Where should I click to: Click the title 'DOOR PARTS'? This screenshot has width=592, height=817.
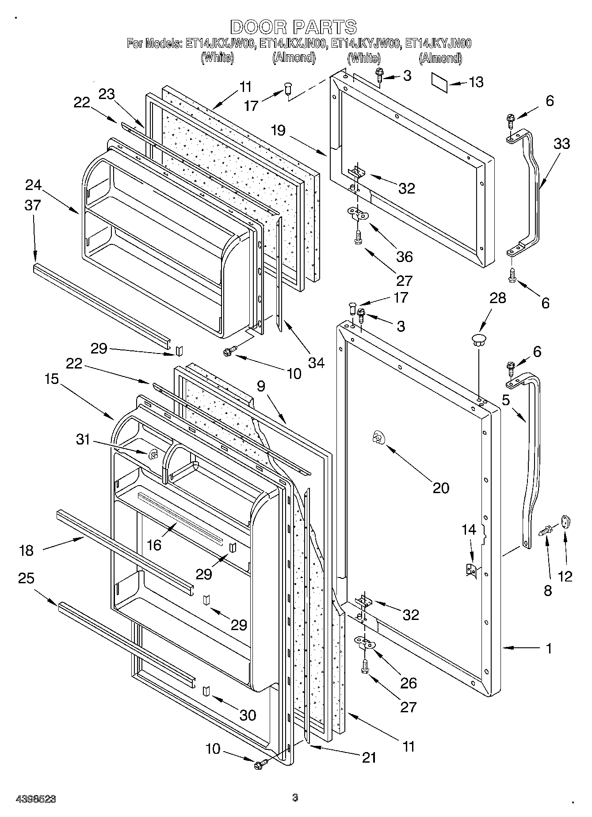coord(293,27)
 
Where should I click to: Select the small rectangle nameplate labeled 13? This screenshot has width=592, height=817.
coord(440,83)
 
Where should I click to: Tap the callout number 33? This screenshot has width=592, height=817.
coord(561,144)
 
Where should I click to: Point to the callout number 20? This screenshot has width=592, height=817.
coord(441,488)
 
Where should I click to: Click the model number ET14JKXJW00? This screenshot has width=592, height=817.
coord(219,44)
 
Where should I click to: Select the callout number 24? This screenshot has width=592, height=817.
coord(33,185)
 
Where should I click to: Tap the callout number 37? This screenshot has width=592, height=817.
coord(33,205)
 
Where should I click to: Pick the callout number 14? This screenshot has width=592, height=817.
coord(469,529)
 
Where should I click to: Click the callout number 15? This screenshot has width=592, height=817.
coord(52,379)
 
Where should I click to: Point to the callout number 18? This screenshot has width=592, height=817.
coord(27,551)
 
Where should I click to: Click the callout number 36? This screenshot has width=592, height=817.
coord(404,256)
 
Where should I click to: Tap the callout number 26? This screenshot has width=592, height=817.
coord(408,683)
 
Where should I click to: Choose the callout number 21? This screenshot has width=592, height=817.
coord(369,758)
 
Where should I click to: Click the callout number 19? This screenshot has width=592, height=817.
coord(279,130)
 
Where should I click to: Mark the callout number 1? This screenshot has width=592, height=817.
coord(549,649)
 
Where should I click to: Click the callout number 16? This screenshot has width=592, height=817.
coord(154,545)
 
